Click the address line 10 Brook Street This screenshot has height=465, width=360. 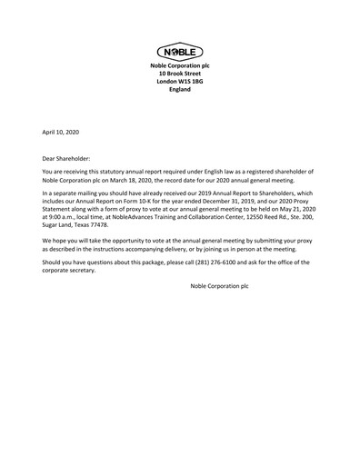179,74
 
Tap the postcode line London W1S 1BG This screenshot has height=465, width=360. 179,83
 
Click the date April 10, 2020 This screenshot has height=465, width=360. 61,134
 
